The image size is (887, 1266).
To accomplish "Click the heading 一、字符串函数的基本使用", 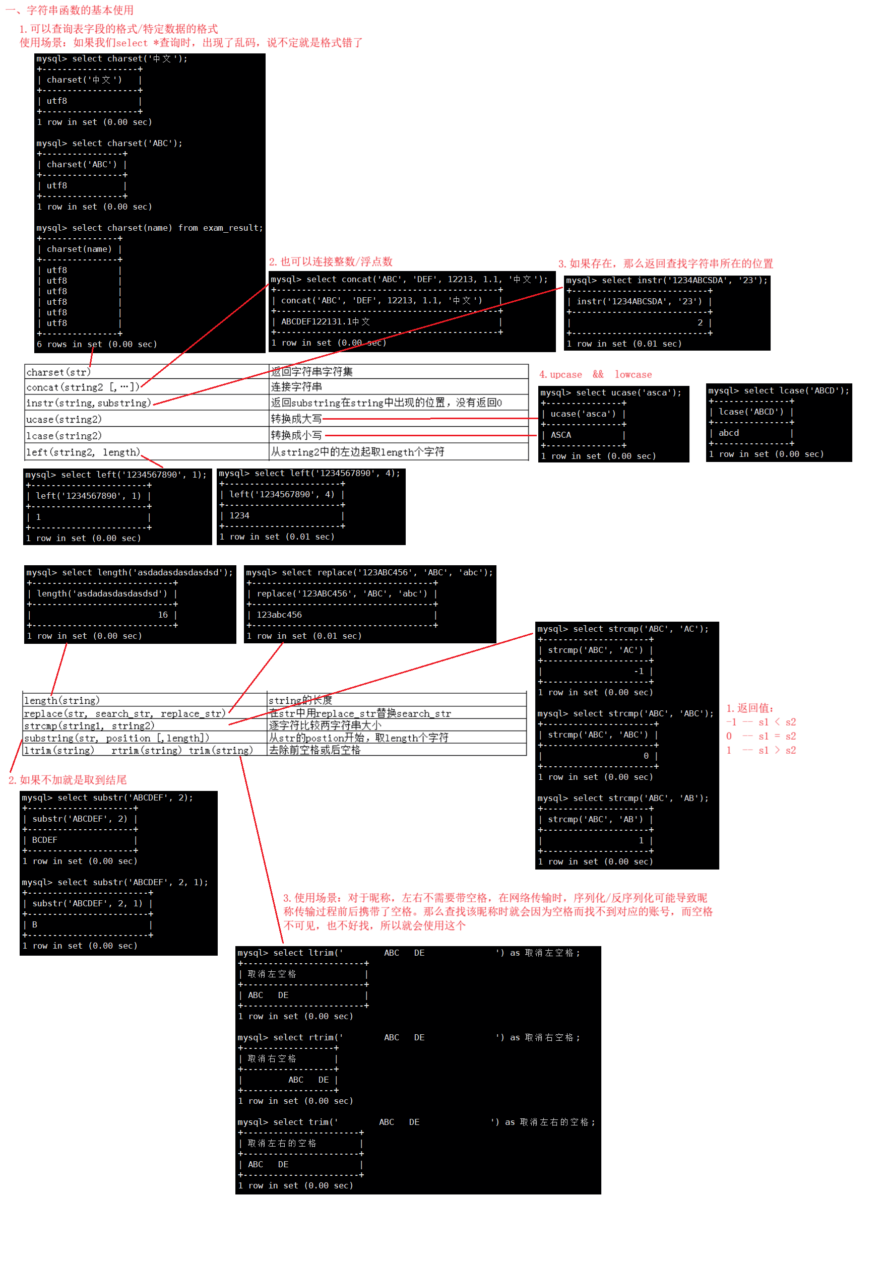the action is [70, 10].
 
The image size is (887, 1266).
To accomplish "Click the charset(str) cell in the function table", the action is [58, 372].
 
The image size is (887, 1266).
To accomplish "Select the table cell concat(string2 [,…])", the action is [83, 387].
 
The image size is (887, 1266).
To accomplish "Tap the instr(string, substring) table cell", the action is [88, 403].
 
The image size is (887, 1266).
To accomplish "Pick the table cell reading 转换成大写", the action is [296, 419].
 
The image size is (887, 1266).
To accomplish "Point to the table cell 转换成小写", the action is [296, 435].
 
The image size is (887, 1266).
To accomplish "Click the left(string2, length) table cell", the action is [83, 452].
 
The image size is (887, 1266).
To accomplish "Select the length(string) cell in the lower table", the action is [62, 700].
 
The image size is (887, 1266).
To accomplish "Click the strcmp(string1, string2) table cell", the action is [89, 725].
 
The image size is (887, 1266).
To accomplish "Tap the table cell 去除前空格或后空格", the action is [314, 750].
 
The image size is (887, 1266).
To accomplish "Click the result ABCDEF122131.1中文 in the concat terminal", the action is [326, 321].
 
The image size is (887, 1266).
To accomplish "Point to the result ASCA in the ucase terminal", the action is [561, 435].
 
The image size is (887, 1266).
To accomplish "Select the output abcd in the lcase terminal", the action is [729, 433].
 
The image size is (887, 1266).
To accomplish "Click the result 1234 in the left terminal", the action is [239, 515].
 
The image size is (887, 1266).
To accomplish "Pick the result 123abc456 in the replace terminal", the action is [279, 615].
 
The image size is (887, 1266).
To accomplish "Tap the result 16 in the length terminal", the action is [163, 615].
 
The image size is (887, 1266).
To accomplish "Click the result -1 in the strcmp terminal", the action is [639, 671].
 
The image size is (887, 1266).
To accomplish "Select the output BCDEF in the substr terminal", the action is [45, 840].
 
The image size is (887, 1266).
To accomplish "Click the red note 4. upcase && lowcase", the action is [595, 374].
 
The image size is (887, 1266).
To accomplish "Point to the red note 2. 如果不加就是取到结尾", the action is [68, 780].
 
